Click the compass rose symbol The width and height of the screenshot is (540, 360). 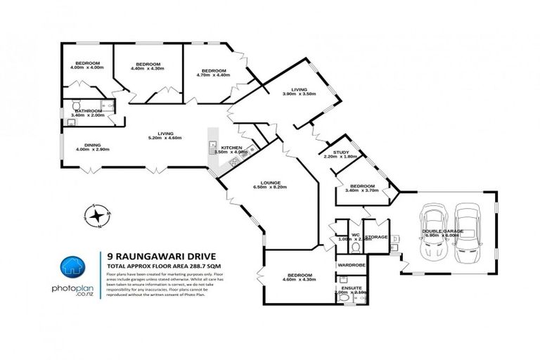click(96, 216)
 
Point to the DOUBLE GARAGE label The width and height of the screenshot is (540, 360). click(442, 231)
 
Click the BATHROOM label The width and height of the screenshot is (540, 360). click(89, 110)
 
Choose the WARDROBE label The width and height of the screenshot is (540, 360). click(351, 265)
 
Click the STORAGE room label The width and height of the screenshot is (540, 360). click(377, 237)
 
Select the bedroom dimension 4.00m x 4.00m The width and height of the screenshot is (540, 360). click(88, 67)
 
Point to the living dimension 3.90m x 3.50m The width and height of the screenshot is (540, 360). click(300, 94)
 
